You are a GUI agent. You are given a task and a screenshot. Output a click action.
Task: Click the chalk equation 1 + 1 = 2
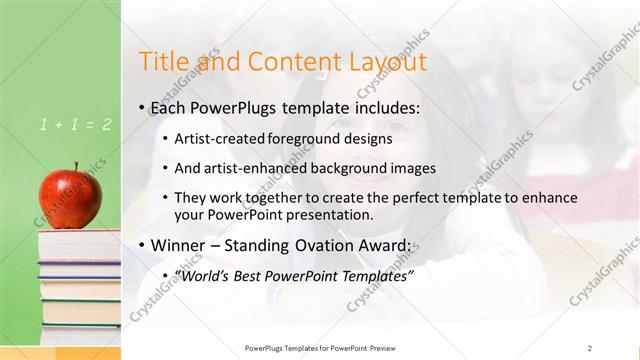(x=75, y=125)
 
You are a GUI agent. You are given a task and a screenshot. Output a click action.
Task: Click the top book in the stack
(x=78, y=237)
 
